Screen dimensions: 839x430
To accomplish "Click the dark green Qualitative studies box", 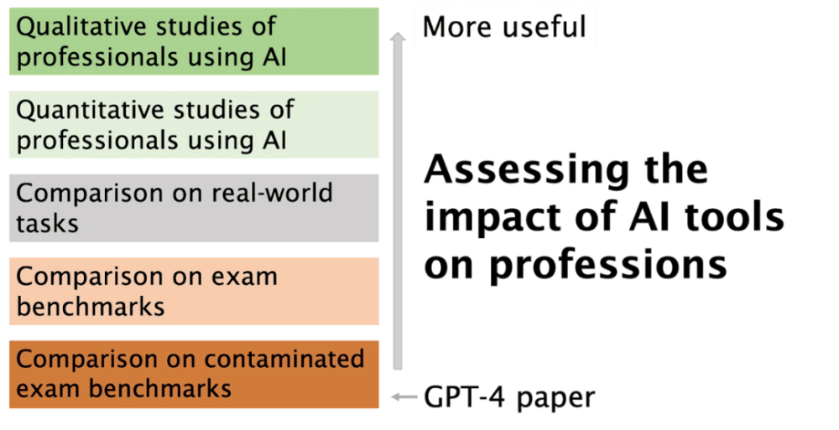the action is pos(194,41).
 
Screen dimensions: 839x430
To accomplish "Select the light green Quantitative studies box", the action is pos(194,125).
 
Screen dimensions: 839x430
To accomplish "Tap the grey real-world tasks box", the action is pos(194,208).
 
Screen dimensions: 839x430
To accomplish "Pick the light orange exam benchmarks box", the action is pos(194,292).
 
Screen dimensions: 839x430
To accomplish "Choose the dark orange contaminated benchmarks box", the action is pos(194,375).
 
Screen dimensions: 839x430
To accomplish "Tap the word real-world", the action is pos(272,193).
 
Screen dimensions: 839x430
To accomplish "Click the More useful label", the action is pos(504,27).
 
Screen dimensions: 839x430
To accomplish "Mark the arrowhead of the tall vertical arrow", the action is pos(397,36).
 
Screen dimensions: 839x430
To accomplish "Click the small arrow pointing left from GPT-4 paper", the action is pos(404,396).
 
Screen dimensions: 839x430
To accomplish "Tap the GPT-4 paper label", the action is pos(509,398).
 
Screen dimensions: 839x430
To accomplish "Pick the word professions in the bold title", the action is pos(608,265).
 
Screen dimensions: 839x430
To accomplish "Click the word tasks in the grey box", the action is pos(47,224).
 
